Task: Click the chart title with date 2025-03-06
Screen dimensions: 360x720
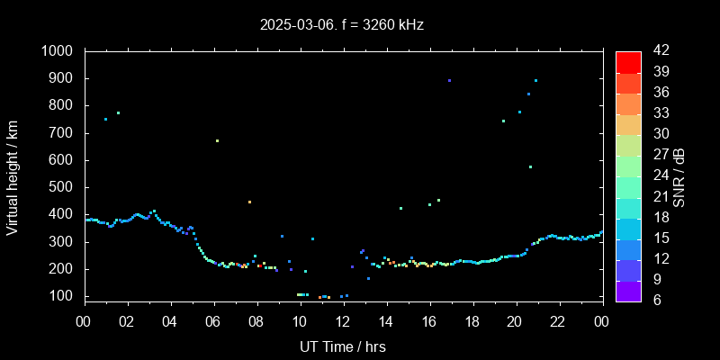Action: [341, 24]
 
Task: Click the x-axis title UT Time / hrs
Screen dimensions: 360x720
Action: [343, 346]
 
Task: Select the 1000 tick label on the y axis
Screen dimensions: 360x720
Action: [59, 51]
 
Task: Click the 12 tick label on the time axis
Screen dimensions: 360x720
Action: [343, 321]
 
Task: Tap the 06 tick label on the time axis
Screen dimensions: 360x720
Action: [213, 321]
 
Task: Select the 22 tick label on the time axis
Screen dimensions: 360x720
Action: [559, 321]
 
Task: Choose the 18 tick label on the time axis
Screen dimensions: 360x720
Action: [472, 321]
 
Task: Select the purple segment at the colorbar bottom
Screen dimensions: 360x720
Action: [628, 289]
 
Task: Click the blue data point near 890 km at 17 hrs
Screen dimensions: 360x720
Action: [449, 81]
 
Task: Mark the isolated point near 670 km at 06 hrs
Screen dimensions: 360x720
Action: [217, 140]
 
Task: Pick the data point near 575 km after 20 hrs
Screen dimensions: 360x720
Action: [530, 166]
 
